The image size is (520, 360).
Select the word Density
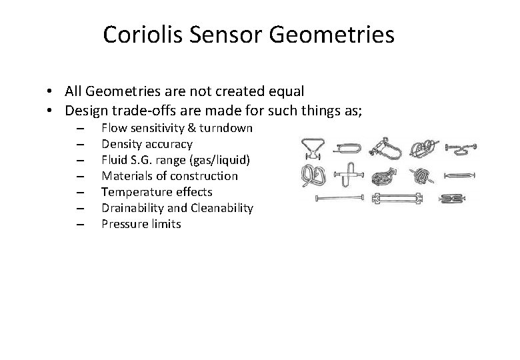(x=121, y=144)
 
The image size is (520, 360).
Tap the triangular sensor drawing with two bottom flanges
(x=311, y=147)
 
